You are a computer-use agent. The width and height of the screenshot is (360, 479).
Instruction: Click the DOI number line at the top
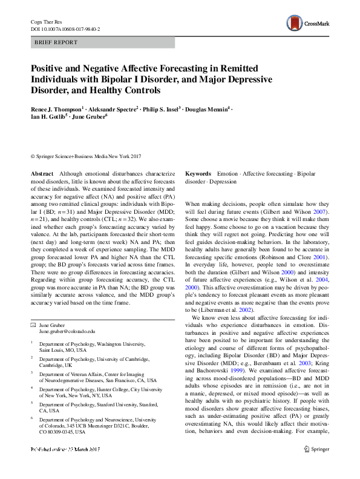coord(65,28)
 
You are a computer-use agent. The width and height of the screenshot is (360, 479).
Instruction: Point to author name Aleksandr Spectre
coord(114,108)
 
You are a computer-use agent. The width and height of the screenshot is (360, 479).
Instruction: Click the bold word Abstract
coord(42,174)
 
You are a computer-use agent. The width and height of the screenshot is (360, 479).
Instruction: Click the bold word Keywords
coord(198,174)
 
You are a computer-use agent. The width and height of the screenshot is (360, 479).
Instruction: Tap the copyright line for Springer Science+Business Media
coord(93,156)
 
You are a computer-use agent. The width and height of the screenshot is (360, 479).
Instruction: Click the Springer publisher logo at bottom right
coord(316,466)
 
